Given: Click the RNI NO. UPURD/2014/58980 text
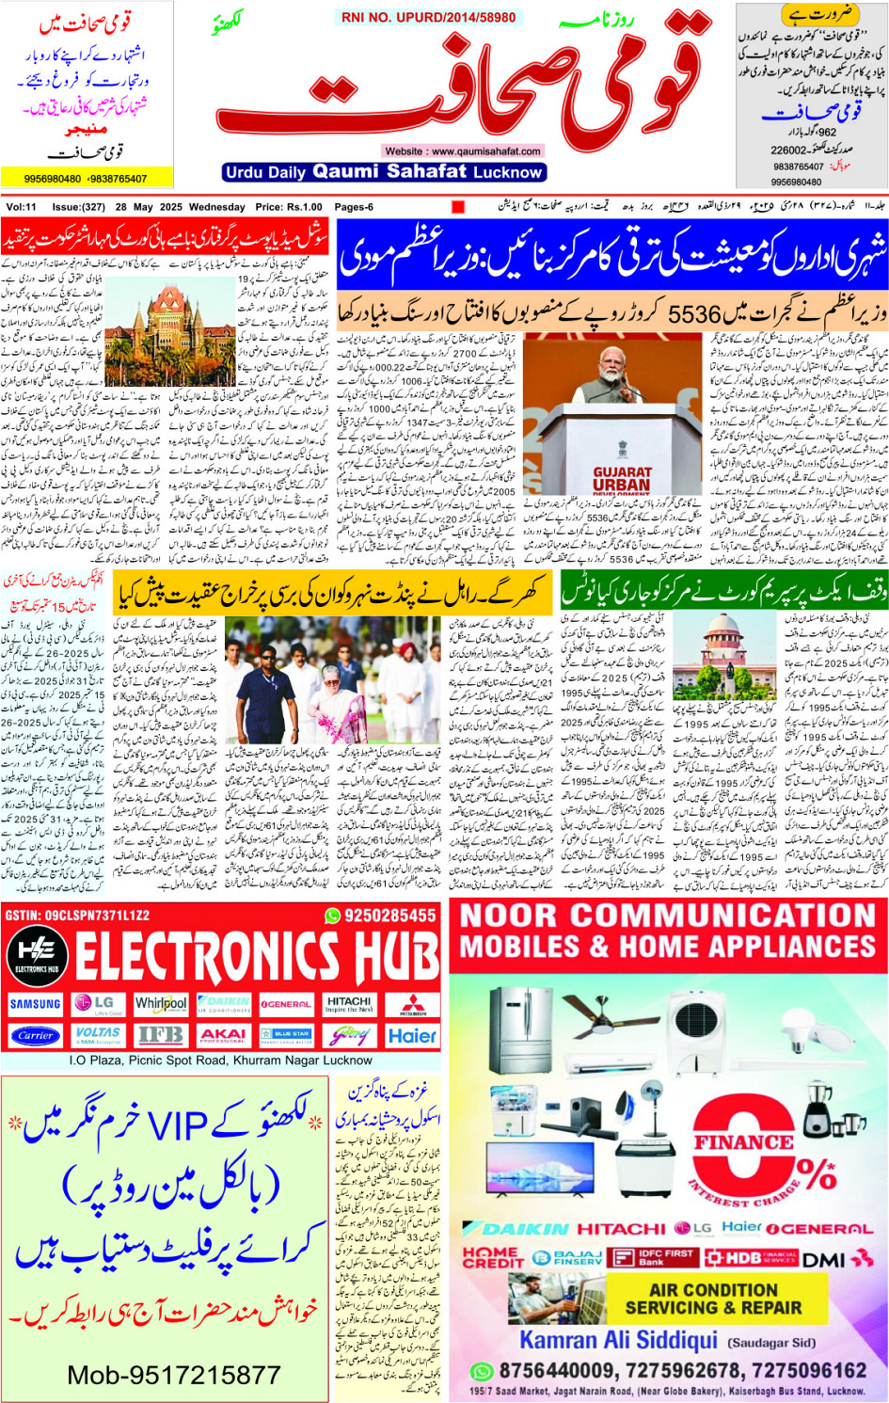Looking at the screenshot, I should [x=428, y=18].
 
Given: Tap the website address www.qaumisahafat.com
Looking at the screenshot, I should [x=462, y=151].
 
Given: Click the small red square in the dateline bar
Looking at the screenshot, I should [x=458, y=207].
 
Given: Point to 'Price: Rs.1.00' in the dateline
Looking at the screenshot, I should [x=289, y=207].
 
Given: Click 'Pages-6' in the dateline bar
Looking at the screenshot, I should [x=354, y=207].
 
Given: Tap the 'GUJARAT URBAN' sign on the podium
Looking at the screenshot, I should [x=622, y=479].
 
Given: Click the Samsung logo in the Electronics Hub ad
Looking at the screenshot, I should [x=36, y=1004].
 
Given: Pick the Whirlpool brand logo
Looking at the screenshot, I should [x=161, y=1004].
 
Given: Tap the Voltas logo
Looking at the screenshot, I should [x=98, y=1035].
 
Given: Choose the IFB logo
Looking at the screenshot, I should [x=161, y=1035].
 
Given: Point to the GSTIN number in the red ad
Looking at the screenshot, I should [x=77, y=915].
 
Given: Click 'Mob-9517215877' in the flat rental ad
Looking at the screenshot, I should [x=174, y=1375].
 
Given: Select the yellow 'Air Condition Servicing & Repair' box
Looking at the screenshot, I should [x=714, y=1299].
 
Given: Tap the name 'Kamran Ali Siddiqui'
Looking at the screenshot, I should [x=618, y=1340].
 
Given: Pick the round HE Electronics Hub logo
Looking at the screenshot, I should [x=36, y=953].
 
